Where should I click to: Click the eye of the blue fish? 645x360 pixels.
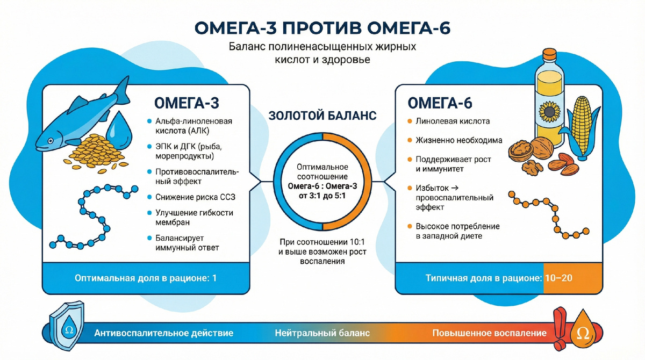[51, 141]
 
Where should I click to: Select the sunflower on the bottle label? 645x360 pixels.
[550, 112]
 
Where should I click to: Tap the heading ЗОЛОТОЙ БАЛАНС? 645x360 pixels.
[322, 116]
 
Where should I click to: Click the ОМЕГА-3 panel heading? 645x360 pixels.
[187, 103]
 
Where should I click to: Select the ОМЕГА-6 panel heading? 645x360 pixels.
[440, 103]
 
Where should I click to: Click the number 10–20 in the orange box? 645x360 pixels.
[558, 278]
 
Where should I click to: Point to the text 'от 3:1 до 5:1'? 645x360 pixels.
[322, 196]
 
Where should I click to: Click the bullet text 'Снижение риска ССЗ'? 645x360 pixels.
[195, 197]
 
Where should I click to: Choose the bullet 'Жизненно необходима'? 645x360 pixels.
[459, 140]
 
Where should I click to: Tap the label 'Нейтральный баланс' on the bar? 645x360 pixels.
[322, 333]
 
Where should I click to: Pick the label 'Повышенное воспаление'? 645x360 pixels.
[489, 333]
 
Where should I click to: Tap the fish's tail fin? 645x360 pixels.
[123, 91]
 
